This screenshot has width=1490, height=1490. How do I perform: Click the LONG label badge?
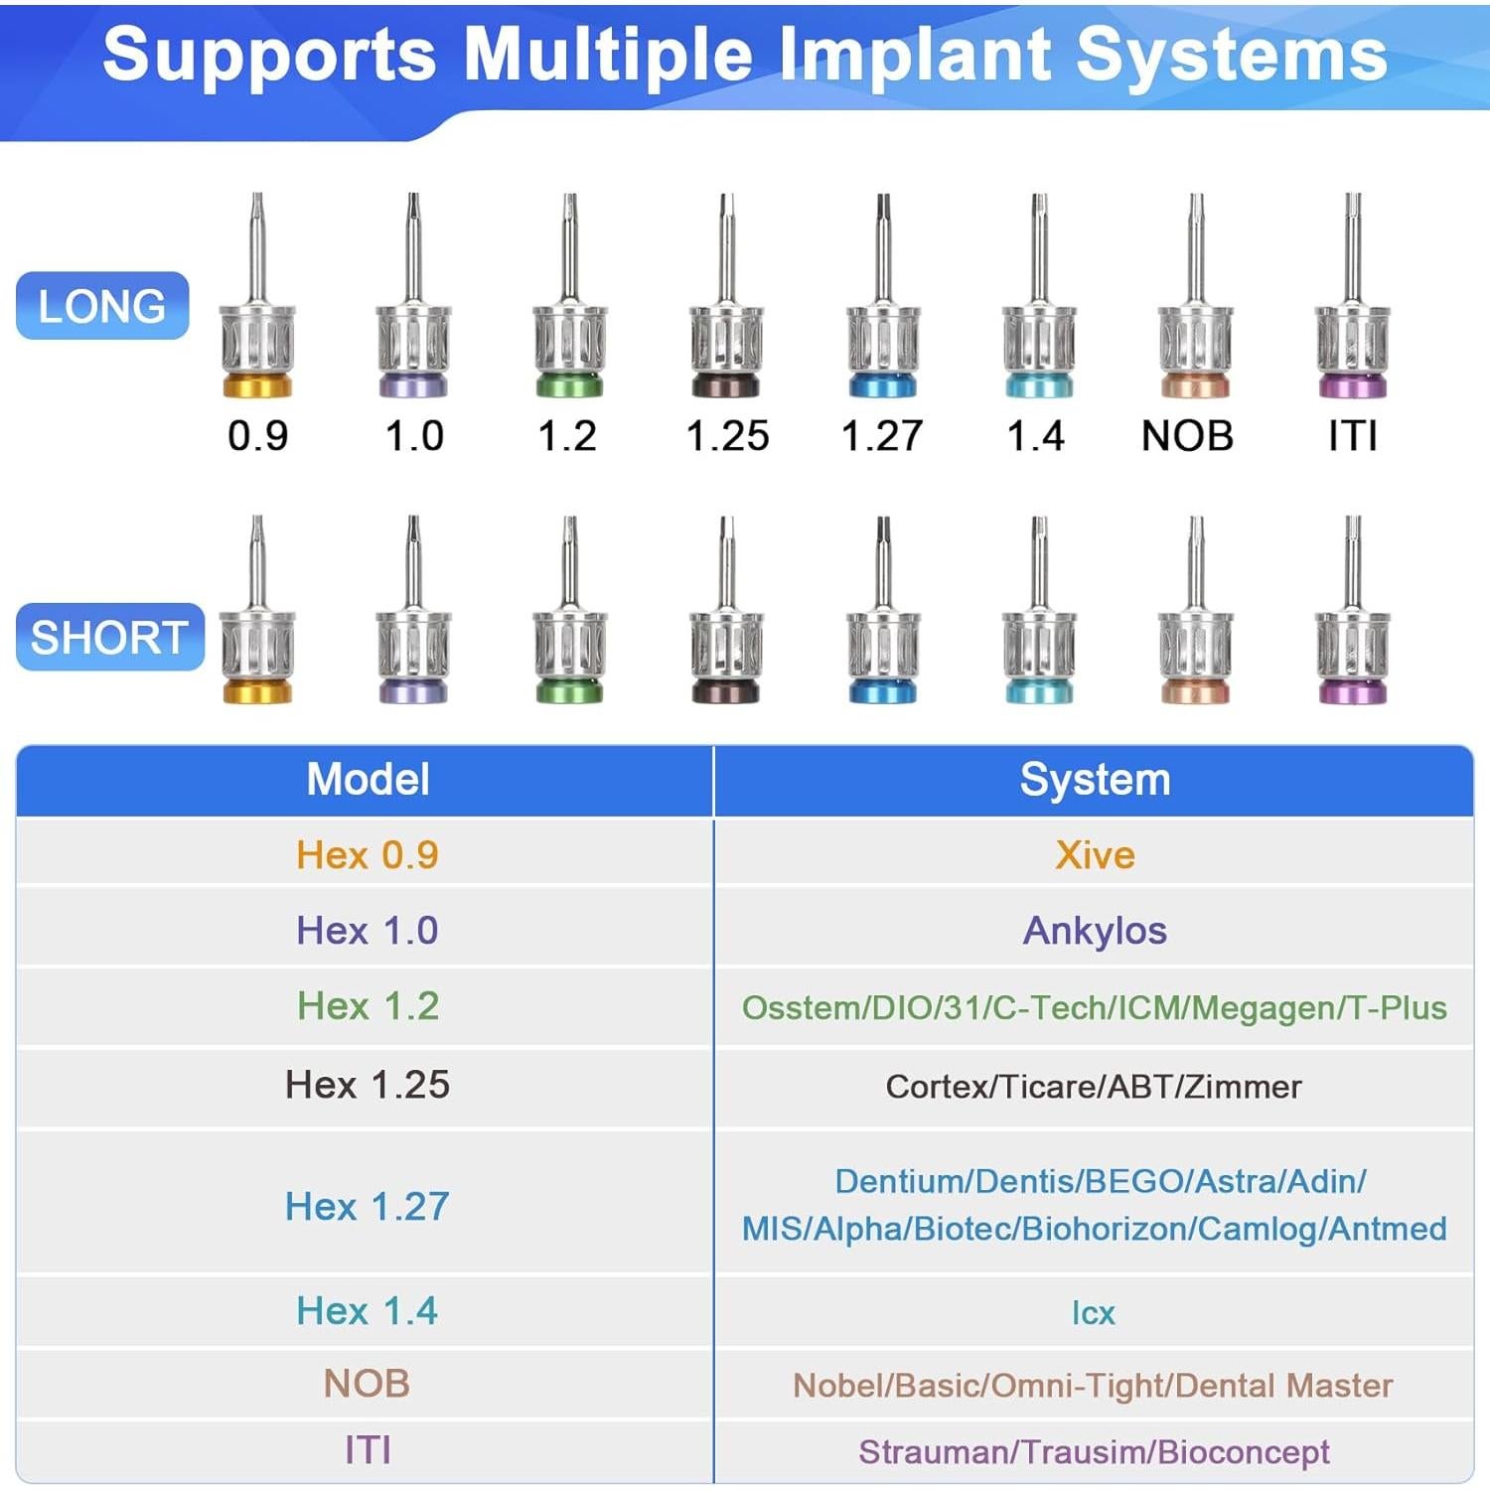pos(102,306)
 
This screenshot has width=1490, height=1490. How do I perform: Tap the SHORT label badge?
pos(109,637)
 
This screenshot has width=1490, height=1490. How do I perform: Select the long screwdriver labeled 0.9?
pos(257,308)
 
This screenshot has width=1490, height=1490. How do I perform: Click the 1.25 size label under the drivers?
pos(728,436)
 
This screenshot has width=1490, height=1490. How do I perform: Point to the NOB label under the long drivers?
pos(1187,436)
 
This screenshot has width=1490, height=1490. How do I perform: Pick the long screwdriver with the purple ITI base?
pos(1352,308)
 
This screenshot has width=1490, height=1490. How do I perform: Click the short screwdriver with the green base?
pos(570,626)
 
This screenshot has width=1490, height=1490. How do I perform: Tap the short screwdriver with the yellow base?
pos(257,626)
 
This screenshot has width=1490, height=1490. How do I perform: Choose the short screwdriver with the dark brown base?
pos(727,626)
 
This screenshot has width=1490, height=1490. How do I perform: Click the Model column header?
pos(368,780)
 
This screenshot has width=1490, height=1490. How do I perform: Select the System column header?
pos(1095,780)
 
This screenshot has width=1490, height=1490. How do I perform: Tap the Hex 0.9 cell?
pos(368,855)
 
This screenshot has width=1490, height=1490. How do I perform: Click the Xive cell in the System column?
pos(1095,855)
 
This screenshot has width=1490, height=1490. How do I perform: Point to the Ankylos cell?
pos(1095,931)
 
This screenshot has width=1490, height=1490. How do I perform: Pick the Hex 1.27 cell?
pos(368,1206)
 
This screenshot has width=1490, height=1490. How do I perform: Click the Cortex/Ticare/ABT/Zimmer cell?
pos(1094,1087)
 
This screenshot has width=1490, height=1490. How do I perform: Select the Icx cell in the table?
pos(1094,1313)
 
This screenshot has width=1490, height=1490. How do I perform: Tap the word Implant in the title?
pos(914,55)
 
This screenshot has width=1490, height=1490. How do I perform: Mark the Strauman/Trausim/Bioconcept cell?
pos(1094,1452)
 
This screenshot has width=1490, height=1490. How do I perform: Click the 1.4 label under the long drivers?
pos(1036,436)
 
